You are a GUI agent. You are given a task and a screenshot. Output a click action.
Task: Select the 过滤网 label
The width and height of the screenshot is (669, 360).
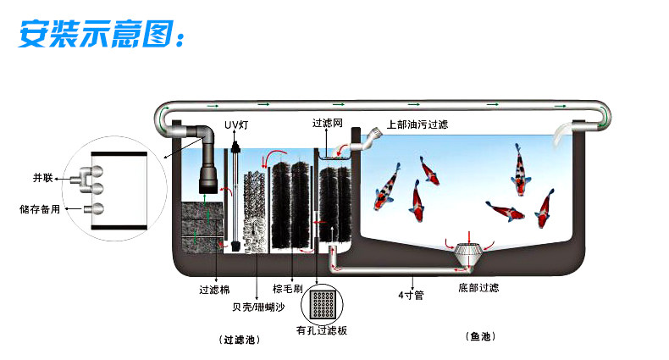tap(327, 123)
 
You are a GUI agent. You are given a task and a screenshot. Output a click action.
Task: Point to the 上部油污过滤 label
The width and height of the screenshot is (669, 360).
tap(417, 124)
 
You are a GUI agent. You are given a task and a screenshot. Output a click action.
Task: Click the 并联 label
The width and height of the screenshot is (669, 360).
tap(43, 178)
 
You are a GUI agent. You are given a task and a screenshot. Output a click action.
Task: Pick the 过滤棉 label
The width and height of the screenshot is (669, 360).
tap(213, 288)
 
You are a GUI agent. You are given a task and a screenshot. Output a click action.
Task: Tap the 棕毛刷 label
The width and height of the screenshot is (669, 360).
tap(286, 288)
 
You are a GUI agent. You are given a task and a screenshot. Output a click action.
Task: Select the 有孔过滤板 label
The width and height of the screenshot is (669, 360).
tap(322, 330)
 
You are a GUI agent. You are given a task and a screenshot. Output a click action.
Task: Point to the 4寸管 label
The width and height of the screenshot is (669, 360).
tap(412, 296)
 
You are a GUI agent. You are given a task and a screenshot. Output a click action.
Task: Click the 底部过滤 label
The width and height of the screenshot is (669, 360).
tap(478, 288)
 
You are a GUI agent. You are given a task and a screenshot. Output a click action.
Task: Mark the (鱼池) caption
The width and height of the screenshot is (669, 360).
tap(481, 336)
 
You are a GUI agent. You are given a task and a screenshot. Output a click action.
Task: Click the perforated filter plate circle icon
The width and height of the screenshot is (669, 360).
tap(321, 303)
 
